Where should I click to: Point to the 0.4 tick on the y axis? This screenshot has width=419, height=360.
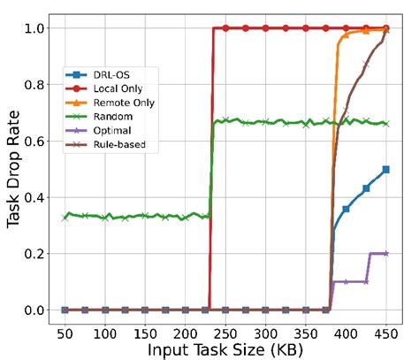click(36, 197)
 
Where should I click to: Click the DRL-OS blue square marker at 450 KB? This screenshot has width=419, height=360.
click(385, 169)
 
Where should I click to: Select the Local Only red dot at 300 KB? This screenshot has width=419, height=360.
click(265, 28)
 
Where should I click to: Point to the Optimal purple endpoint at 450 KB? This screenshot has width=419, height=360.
click(385, 253)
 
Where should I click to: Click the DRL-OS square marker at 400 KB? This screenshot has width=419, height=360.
click(346, 209)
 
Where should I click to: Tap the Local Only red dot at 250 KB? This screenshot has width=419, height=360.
click(225, 28)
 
